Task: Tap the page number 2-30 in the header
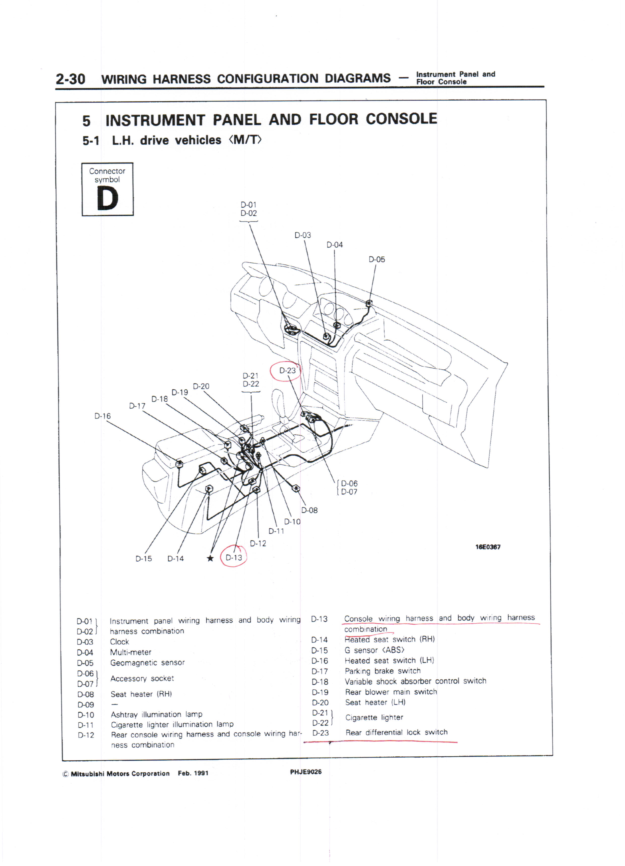70,79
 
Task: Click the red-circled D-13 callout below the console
234,558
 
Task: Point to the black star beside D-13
210,558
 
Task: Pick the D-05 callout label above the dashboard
377,259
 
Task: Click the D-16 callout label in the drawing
103,416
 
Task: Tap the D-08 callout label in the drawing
309,510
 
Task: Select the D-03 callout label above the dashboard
303,235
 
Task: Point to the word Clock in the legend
119,642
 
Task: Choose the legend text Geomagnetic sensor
147,662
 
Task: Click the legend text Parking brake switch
383,671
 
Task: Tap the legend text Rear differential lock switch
396,732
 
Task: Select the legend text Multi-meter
131,652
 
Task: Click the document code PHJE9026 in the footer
306,772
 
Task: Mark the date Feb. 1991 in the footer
193,773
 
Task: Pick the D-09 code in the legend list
86,704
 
